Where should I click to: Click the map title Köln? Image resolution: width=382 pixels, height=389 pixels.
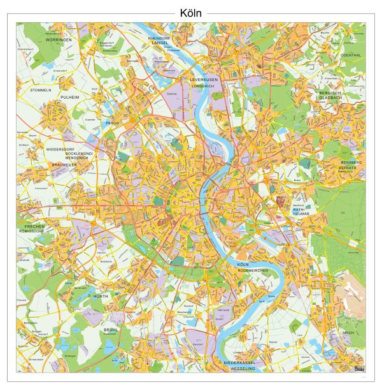191,13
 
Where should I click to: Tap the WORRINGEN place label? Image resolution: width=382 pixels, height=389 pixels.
59,40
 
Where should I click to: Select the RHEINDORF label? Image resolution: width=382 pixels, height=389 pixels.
160,38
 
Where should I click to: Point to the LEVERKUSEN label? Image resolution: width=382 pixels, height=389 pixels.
204,80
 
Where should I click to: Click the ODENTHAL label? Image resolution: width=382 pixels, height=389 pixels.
350,55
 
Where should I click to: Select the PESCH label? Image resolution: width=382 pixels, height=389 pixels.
112,122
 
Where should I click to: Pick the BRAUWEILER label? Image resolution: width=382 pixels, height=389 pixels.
65,165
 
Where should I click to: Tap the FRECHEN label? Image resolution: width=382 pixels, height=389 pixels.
34,226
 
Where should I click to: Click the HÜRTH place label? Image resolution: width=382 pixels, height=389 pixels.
101,297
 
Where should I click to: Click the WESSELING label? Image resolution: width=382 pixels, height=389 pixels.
243,369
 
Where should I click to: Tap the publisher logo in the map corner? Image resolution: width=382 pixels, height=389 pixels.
360,369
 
